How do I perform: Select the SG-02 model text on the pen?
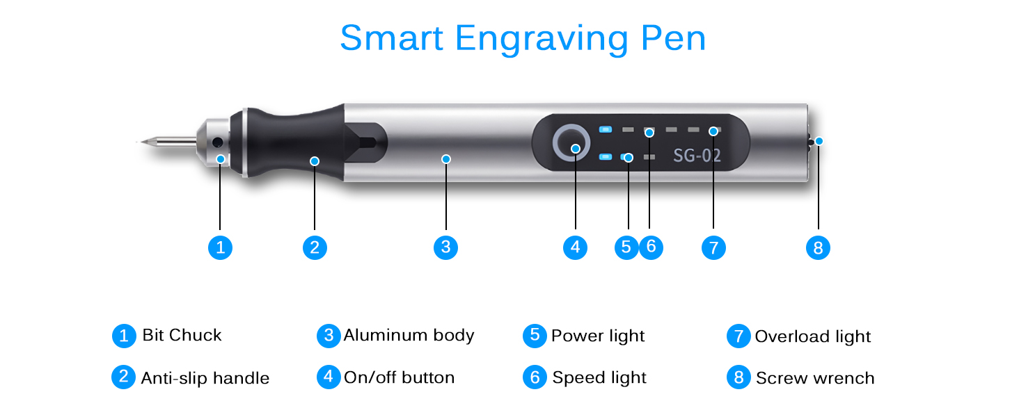coord(697,155)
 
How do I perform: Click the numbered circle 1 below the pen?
coord(220,247)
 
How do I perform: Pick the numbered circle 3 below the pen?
coord(445,247)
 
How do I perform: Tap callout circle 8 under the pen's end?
coord(818,247)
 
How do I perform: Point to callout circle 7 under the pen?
coord(713,247)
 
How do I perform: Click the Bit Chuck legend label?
coord(182,335)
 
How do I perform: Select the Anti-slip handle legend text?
coord(205,378)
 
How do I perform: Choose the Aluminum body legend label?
coord(409,335)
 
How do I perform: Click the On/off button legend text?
coord(399,377)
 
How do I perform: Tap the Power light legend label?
coord(598,336)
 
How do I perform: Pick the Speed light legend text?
coord(599,377)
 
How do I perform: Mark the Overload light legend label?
coord(812,336)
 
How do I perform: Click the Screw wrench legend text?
coord(815,378)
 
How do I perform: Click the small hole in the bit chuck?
coord(217,142)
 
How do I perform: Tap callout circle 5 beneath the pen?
coord(626,247)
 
